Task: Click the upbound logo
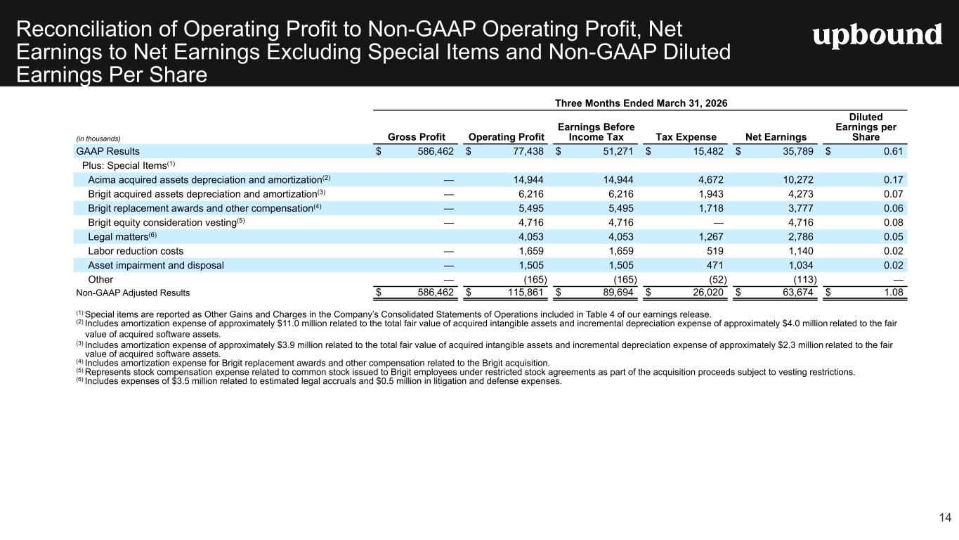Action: (878, 35)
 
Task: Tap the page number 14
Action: (945, 517)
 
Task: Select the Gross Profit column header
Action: (416, 137)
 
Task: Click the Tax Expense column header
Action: (686, 137)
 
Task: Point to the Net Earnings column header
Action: (776, 137)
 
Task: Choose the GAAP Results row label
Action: (108, 151)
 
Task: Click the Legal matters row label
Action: (122, 236)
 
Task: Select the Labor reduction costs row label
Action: (136, 251)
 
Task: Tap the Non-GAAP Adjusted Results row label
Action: (133, 292)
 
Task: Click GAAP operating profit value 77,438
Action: (528, 151)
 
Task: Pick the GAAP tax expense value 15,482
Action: (708, 151)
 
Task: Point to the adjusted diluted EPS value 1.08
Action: (894, 292)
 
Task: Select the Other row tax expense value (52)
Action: (718, 279)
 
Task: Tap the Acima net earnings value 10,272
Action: (798, 179)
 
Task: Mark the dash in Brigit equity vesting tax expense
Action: (719, 223)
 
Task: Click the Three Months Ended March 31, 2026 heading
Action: (641, 103)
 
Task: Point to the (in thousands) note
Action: (98, 139)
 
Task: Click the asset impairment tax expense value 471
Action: (715, 265)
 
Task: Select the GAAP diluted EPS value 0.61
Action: (894, 151)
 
